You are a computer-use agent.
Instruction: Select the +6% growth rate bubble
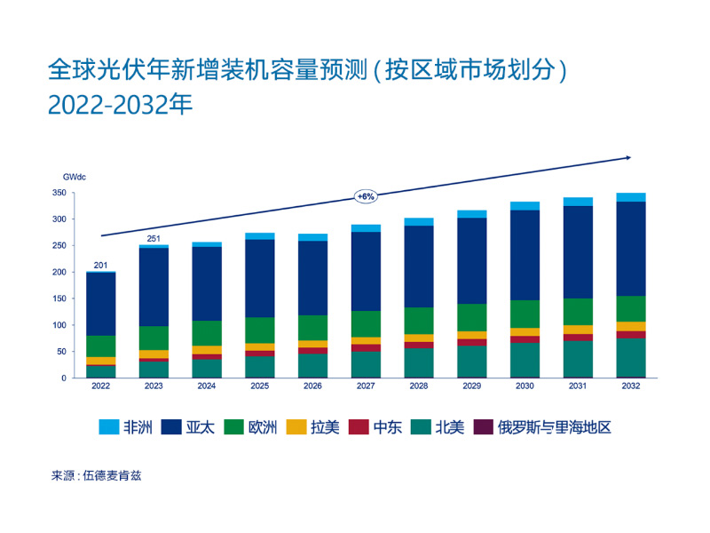366,195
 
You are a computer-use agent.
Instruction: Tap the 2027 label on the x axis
366,386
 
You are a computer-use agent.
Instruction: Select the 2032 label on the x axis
631,386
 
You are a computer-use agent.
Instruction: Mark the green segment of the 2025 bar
260,330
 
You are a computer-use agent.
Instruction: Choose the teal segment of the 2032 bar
631,357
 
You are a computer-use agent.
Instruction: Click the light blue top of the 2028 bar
419,221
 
